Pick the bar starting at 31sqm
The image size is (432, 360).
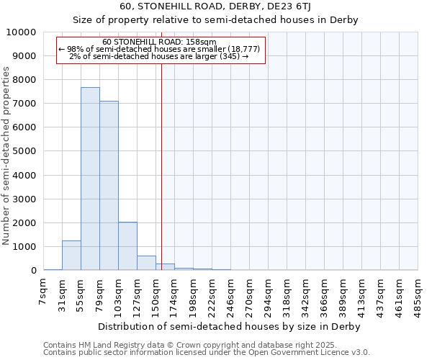click(x=71, y=256)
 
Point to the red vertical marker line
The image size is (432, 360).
click(x=161, y=166)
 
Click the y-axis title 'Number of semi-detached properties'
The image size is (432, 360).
click(x=6, y=156)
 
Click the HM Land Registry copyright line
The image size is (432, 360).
click(x=181, y=345)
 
